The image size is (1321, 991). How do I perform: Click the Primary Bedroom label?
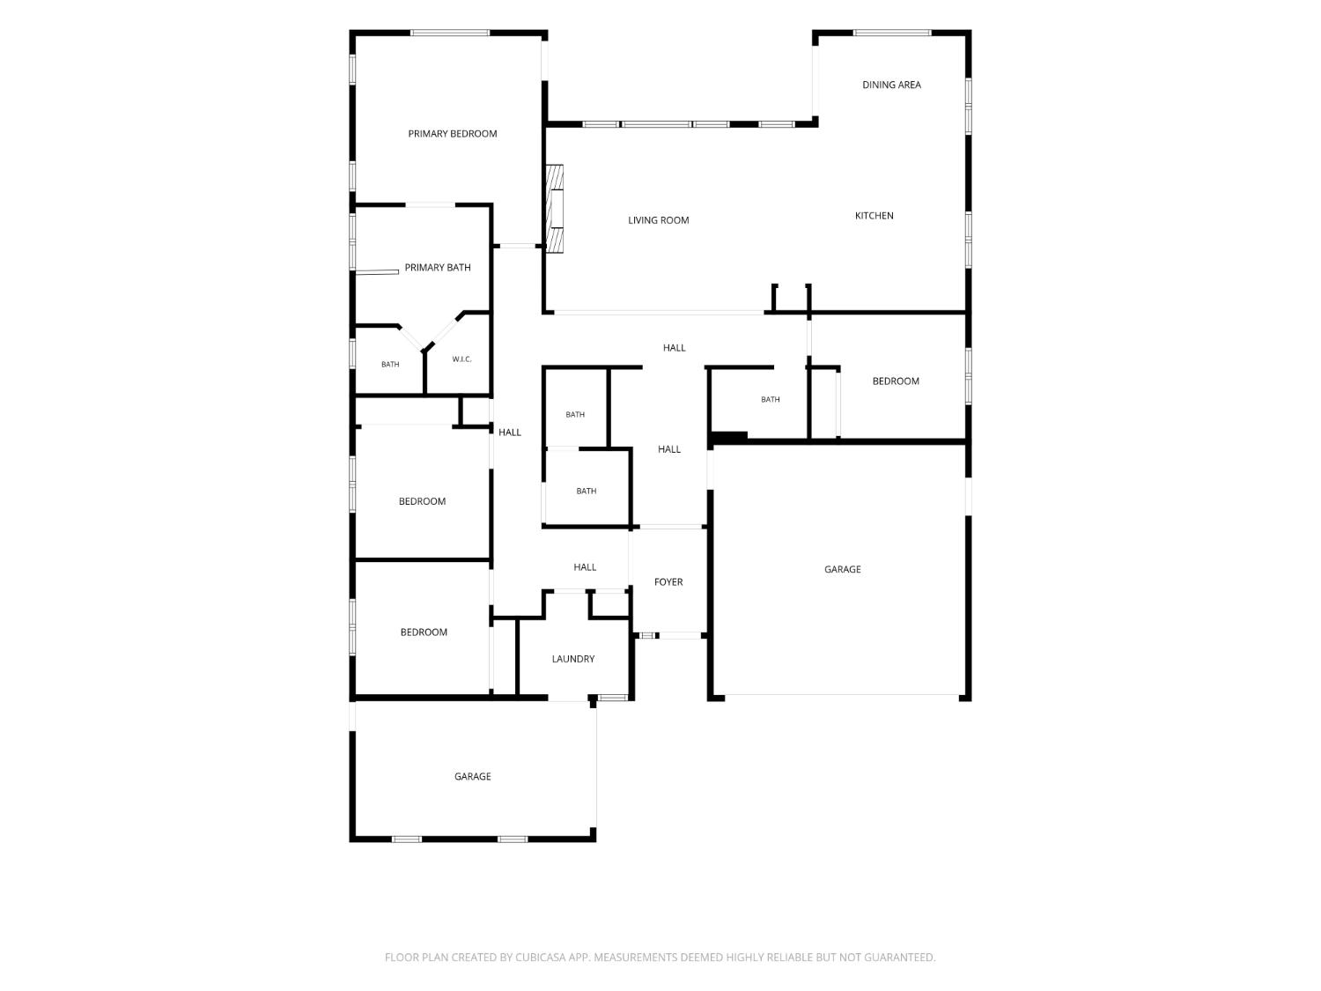pyautogui.click(x=452, y=134)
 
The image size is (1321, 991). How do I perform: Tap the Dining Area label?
pyautogui.click(x=890, y=85)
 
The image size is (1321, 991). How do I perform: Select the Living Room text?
pyautogui.click(x=658, y=220)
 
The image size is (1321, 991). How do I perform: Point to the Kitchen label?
pyautogui.click(x=874, y=216)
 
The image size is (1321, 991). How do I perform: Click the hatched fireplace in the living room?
pyautogui.click(x=554, y=208)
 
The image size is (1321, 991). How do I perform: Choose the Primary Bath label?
pyautogui.click(x=437, y=267)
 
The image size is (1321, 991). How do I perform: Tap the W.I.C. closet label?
pyautogui.click(x=461, y=359)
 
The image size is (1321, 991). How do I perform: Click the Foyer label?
pyautogui.click(x=668, y=582)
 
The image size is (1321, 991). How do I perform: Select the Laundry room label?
pyautogui.click(x=572, y=659)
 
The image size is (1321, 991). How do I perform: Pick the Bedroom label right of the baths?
pyautogui.click(x=895, y=381)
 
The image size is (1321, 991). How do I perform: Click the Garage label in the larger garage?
pyautogui.click(x=842, y=569)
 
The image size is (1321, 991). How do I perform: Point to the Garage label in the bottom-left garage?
pyautogui.click(x=472, y=776)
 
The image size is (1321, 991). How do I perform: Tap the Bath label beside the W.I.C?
pyautogui.click(x=389, y=364)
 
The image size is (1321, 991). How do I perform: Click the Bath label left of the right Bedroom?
pyautogui.click(x=770, y=399)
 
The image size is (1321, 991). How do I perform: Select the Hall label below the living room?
pyautogui.click(x=674, y=348)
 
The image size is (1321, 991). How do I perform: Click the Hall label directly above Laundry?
pyautogui.click(x=585, y=566)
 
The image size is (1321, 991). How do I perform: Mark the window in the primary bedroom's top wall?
pyautogui.click(x=449, y=33)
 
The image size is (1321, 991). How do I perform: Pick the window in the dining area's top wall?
pyautogui.click(x=892, y=33)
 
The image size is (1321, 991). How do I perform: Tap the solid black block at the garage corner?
pyautogui.click(x=729, y=438)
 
